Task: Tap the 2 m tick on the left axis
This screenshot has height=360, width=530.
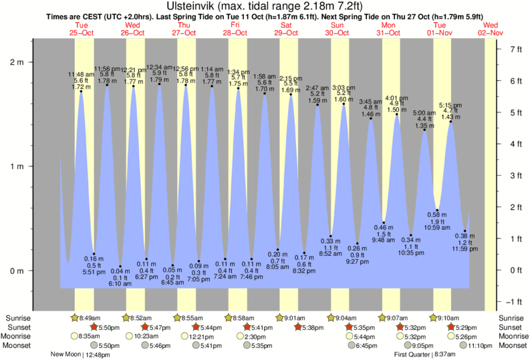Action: [x=17, y=61]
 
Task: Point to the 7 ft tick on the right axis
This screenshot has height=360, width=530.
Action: [x=515, y=49]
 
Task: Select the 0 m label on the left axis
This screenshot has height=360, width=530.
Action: [x=17, y=271]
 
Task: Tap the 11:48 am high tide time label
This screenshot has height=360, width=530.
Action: [x=81, y=74]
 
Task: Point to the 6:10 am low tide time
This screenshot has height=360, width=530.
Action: [x=121, y=283]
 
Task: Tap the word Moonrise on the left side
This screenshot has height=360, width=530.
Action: [x=22, y=337]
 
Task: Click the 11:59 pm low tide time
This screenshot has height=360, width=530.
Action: [x=465, y=248]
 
